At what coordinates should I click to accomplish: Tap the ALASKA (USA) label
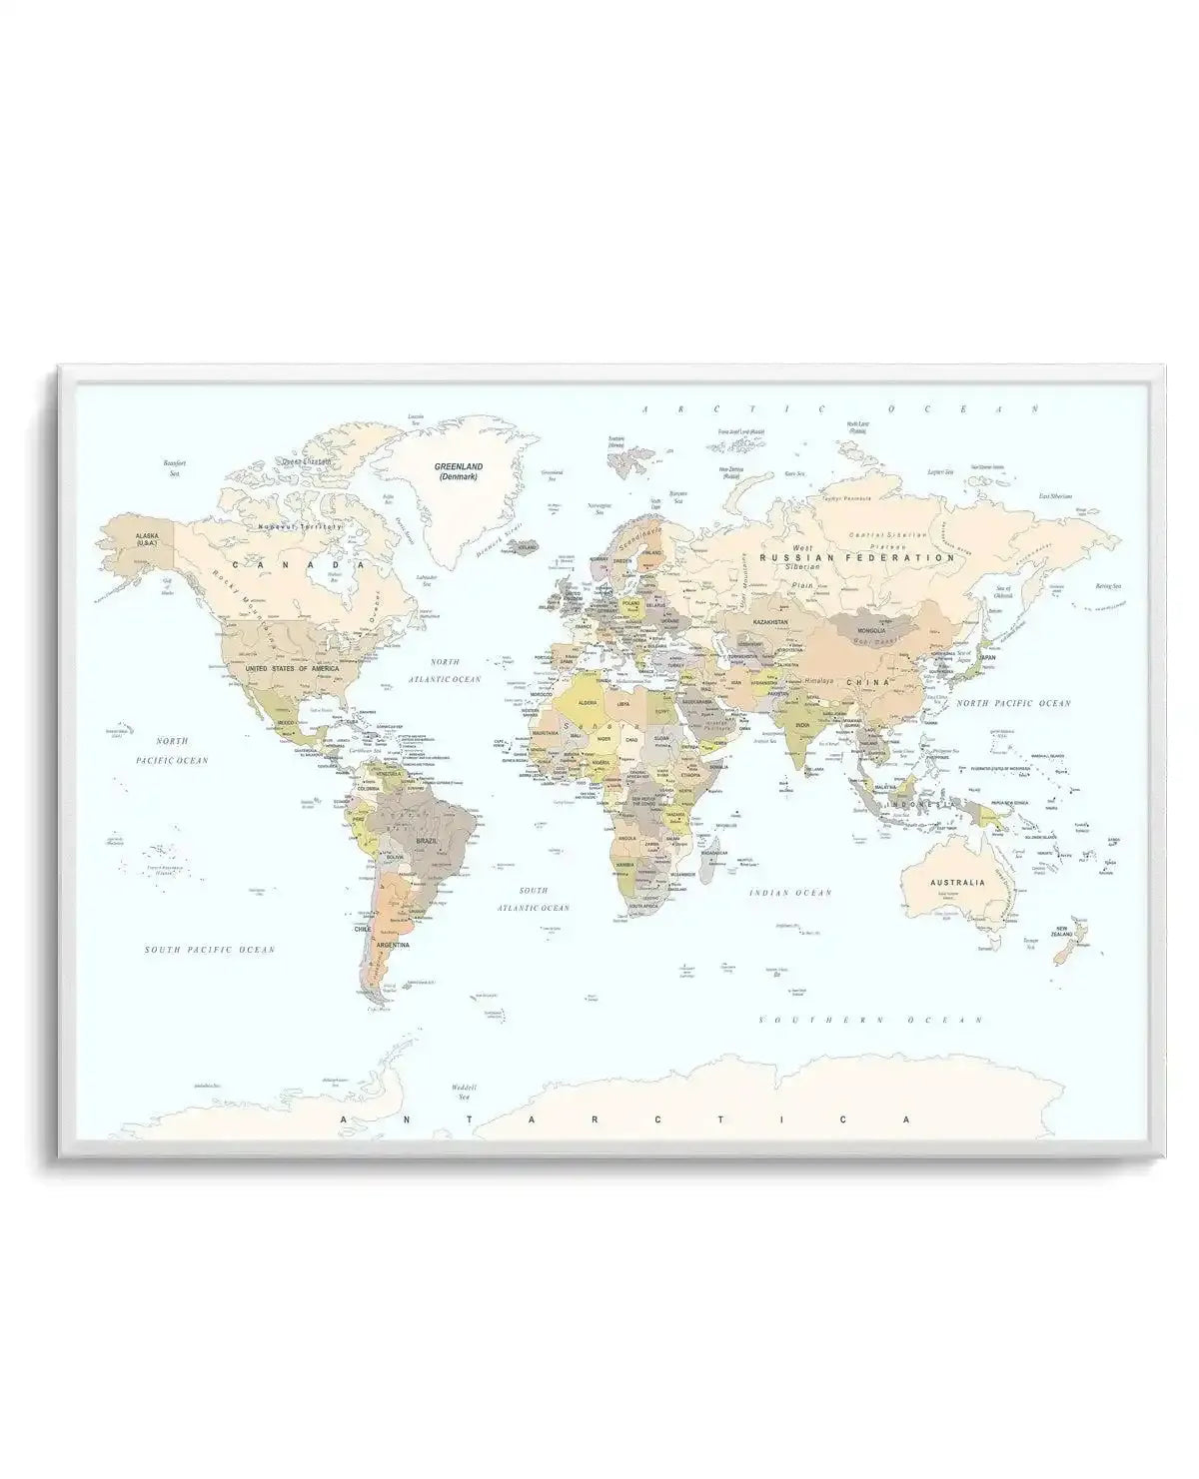click(148, 539)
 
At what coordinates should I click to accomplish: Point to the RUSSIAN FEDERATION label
click(857, 558)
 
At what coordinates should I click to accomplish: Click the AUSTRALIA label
click(958, 883)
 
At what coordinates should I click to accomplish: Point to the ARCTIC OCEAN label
click(842, 409)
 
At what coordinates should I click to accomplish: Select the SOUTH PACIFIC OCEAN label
click(209, 950)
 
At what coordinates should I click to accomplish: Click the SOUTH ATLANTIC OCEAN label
click(534, 899)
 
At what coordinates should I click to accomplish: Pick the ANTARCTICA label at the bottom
click(626, 1119)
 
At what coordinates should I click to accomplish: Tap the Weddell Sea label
click(463, 1092)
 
